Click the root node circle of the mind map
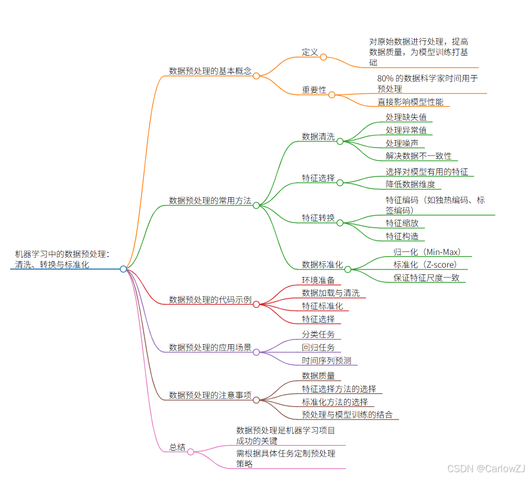[x=123, y=269]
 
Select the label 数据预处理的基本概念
[x=210, y=71]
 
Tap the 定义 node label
[x=310, y=52]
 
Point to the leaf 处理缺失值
[x=406, y=117]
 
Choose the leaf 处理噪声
[x=402, y=143]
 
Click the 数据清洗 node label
[x=318, y=136]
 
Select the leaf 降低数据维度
[x=410, y=184]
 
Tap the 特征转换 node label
[x=318, y=218]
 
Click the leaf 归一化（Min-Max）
[x=427, y=251]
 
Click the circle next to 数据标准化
[x=348, y=269]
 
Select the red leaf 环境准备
[x=318, y=280]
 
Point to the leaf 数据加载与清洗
[x=330, y=293]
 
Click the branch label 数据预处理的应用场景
[x=210, y=347]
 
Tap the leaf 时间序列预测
[x=326, y=360]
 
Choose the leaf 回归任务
[x=318, y=347]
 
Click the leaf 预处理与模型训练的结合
[x=347, y=415]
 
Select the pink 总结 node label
[x=177, y=447]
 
